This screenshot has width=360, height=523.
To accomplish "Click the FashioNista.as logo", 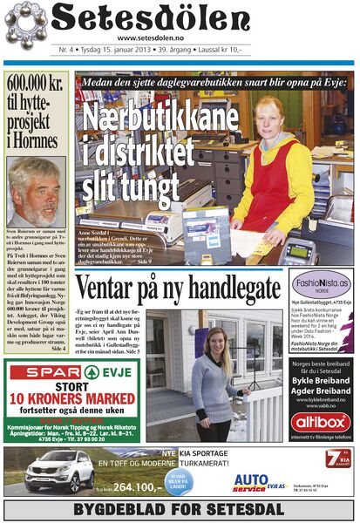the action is point(321,284).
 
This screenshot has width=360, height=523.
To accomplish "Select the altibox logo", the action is point(321,423).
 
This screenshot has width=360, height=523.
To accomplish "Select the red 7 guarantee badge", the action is point(336,459).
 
